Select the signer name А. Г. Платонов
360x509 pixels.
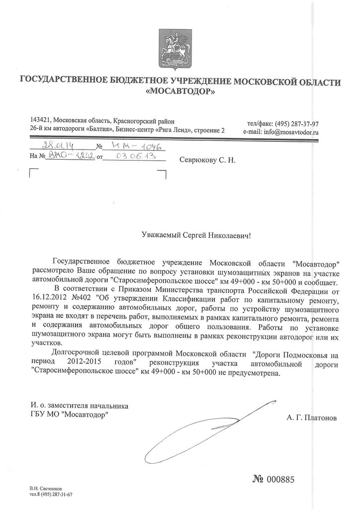coord(311,419)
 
